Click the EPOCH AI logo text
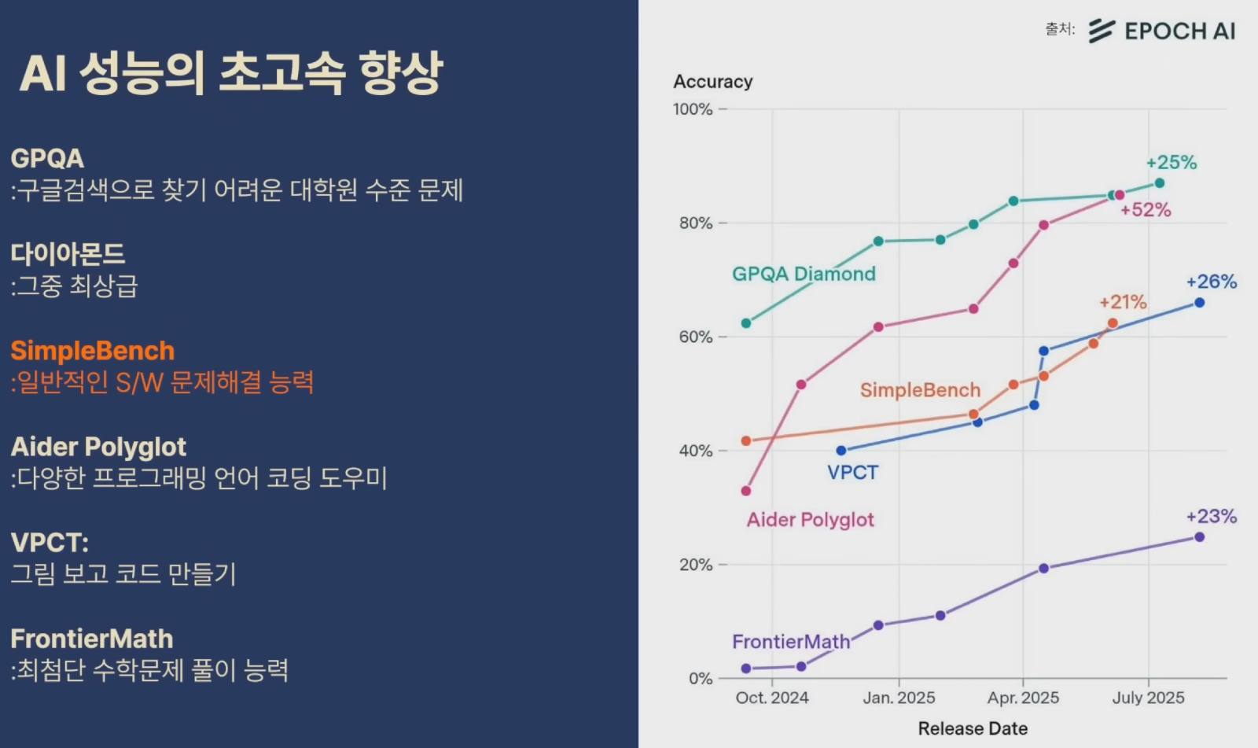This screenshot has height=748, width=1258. [x=1179, y=31]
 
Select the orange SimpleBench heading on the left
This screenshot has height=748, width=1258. [x=93, y=351]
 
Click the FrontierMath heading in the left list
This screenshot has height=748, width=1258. [x=92, y=639]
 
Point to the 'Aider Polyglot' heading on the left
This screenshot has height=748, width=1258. [x=98, y=447]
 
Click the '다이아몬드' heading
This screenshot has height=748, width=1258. [x=68, y=254]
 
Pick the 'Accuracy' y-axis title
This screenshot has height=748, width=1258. [x=712, y=82]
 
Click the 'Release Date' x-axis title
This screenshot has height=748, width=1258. [x=973, y=728]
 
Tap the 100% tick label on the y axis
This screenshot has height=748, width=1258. [x=693, y=109]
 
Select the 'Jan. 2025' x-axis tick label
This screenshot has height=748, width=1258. [x=899, y=698]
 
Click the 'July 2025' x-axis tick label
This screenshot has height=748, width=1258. [x=1148, y=698]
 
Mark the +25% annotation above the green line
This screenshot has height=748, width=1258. [x=1171, y=163]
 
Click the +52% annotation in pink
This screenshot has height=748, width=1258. [x=1146, y=210]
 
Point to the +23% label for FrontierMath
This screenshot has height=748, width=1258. [x=1211, y=517]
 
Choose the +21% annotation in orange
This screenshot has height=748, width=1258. [x=1123, y=302]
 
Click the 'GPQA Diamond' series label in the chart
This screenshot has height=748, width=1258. [x=804, y=274]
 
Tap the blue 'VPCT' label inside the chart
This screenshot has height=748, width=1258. [x=852, y=473]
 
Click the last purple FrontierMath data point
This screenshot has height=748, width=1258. [x=1199, y=537]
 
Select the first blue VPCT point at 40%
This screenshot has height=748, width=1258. [x=841, y=451]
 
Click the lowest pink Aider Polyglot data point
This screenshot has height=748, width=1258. [x=746, y=491]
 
